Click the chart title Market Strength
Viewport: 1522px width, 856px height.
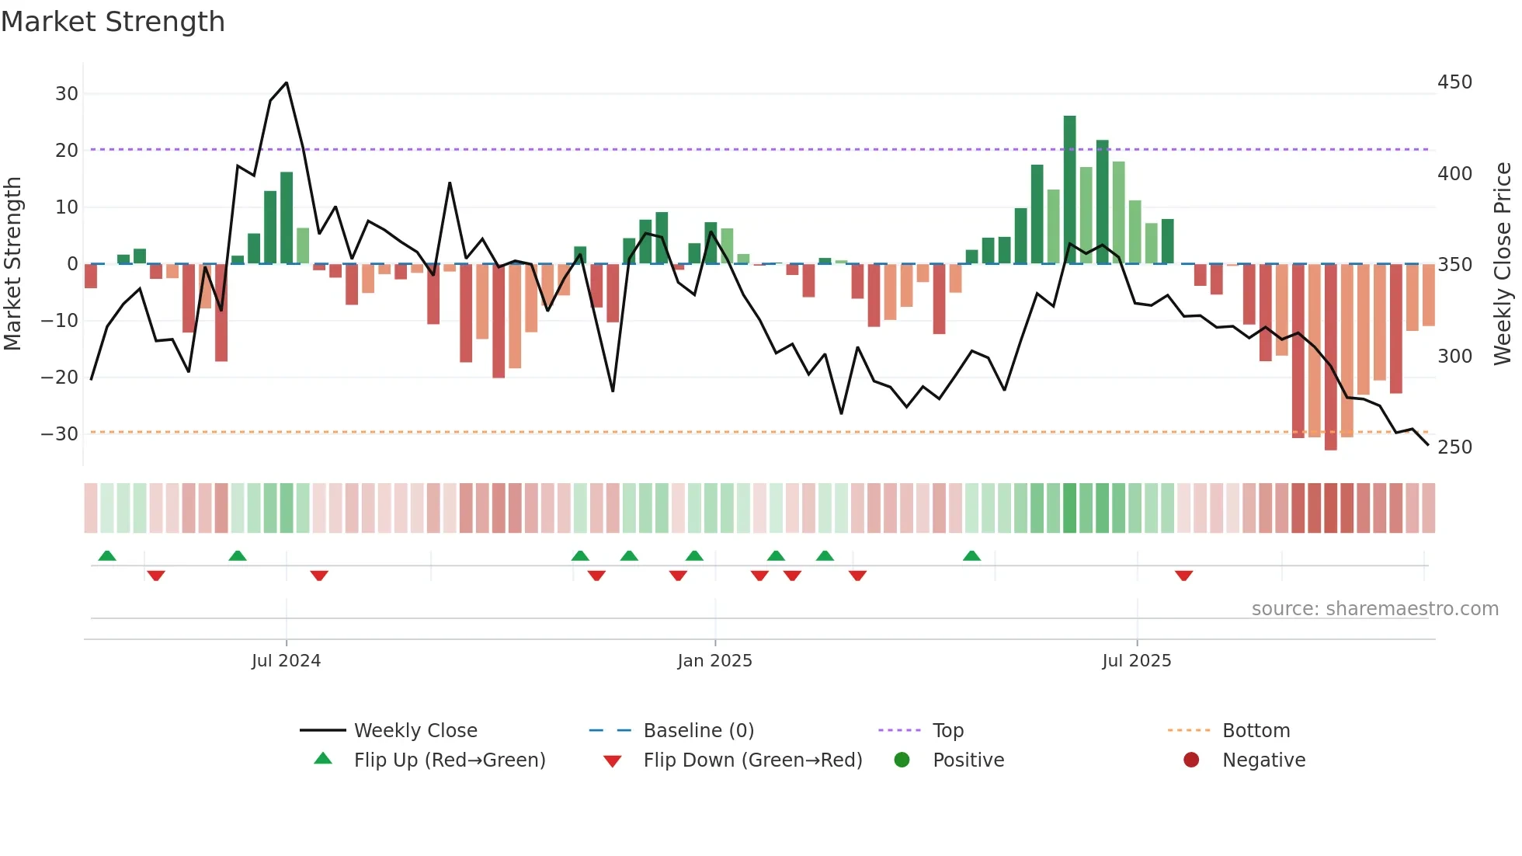(x=113, y=22)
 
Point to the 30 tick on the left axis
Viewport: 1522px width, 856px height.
(x=67, y=94)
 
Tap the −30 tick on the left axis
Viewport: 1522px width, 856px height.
(x=60, y=434)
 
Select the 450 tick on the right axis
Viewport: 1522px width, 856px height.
(x=1454, y=82)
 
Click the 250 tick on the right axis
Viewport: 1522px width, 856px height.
(x=1454, y=447)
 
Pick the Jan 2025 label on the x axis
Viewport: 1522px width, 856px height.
(x=714, y=661)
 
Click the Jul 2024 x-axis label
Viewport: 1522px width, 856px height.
(x=286, y=661)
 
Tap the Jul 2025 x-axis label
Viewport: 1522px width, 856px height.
(x=1136, y=661)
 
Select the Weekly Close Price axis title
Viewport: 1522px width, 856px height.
(x=1503, y=264)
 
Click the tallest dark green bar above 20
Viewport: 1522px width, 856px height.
(x=1069, y=190)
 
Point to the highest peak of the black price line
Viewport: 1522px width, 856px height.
(x=287, y=83)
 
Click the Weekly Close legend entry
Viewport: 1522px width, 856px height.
(x=415, y=731)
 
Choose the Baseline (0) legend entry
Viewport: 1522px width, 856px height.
(x=698, y=731)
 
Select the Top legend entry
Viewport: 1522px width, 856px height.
(x=947, y=731)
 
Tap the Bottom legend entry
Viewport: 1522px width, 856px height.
(x=1256, y=731)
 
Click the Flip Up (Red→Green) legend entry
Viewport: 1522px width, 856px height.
(x=449, y=760)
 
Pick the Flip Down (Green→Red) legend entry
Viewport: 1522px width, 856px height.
(x=752, y=760)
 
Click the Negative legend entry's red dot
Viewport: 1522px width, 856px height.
(x=1191, y=760)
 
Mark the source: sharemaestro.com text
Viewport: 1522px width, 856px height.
(x=1374, y=609)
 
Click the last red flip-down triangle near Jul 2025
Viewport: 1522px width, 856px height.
(x=1183, y=576)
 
